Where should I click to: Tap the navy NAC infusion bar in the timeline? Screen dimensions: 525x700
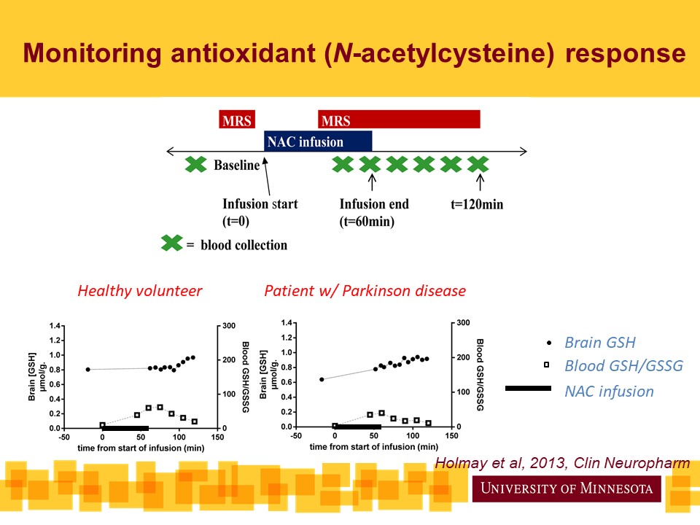[x=318, y=141]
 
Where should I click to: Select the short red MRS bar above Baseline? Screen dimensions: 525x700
[x=238, y=120]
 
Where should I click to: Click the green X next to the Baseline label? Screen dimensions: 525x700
[x=195, y=165]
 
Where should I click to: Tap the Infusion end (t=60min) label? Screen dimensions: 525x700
[x=374, y=212]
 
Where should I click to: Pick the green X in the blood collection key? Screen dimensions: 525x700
[x=171, y=244]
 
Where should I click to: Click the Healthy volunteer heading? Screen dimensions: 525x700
[x=139, y=291]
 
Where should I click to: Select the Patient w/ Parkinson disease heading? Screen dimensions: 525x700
[x=365, y=291]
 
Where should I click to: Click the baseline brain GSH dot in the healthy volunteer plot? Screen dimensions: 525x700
[x=88, y=370]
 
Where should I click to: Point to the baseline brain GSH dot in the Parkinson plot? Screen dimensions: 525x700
[x=322, y=379]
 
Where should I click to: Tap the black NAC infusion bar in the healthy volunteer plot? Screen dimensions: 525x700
[x=125, y=428]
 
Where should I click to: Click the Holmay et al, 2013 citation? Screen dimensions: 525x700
[x=562, y=464]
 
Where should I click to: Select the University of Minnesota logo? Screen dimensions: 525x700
[x=567, y=488]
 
